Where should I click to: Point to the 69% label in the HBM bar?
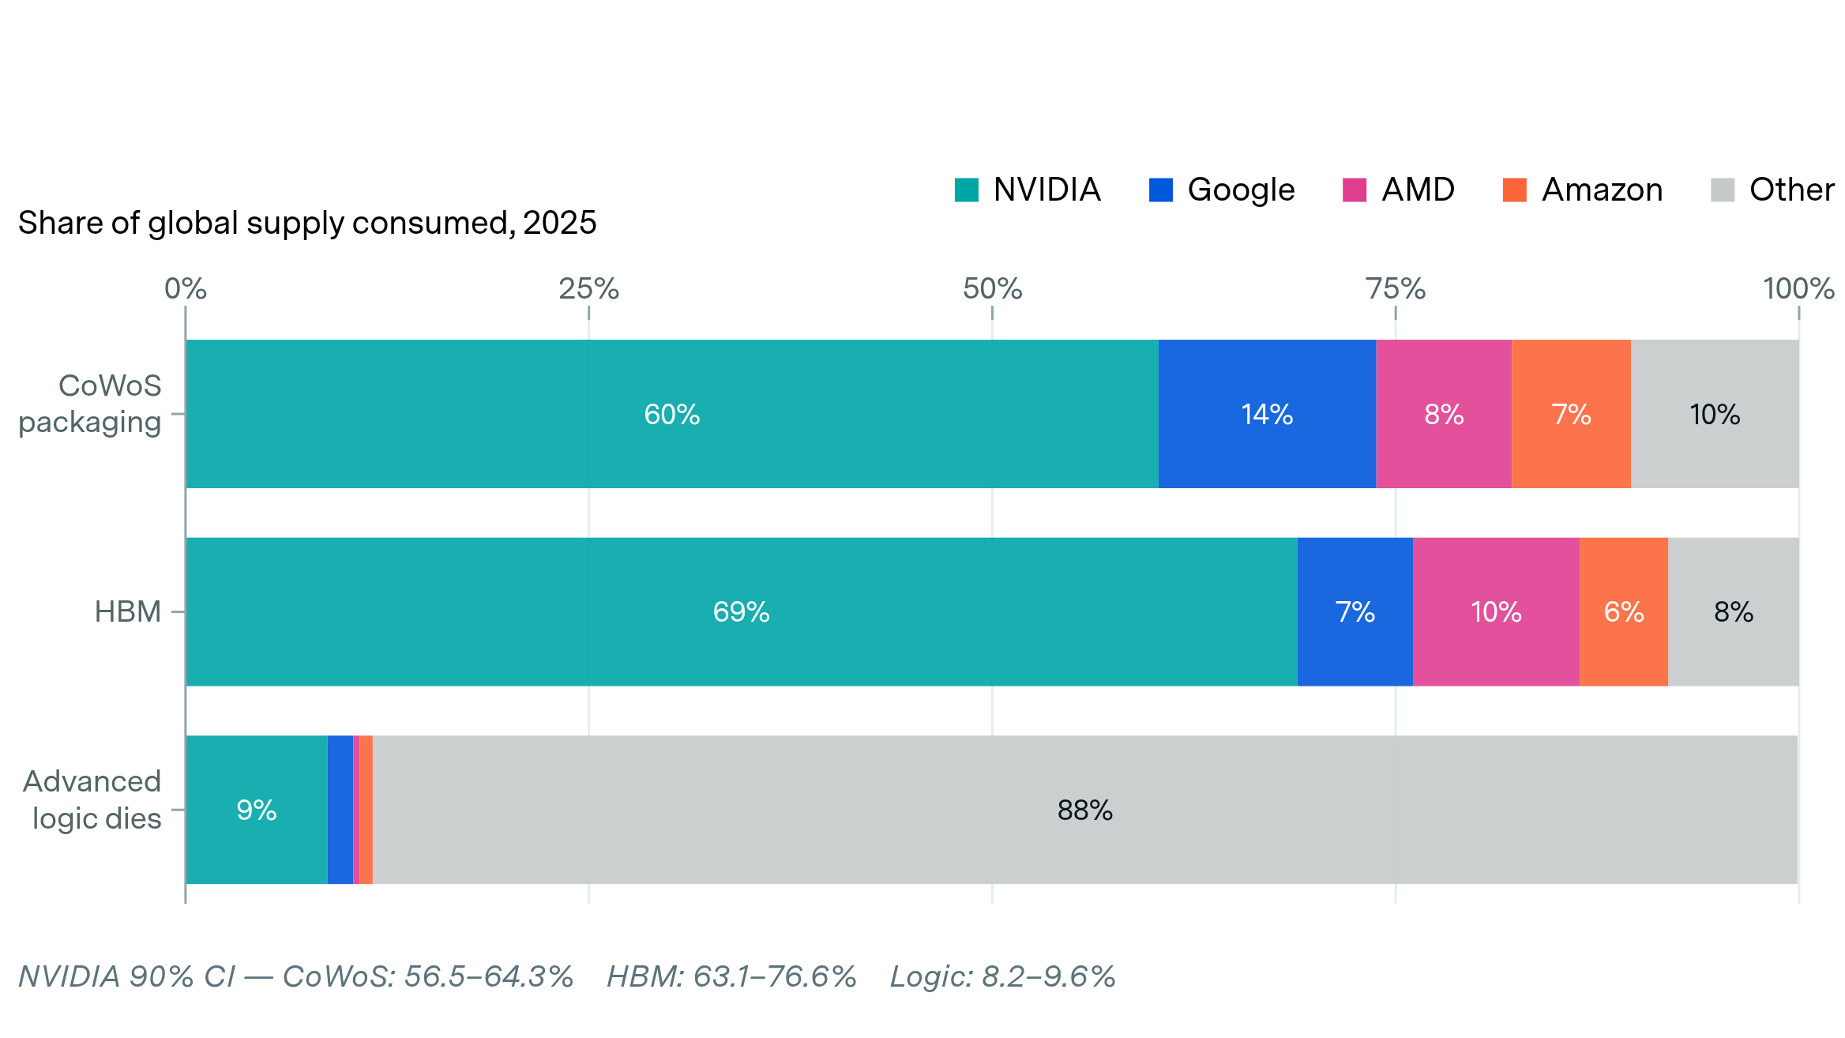[741, 612]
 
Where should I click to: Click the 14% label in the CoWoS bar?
[1266, 415]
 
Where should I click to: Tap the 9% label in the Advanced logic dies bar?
[256, 810]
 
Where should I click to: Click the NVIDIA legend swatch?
[966, 190]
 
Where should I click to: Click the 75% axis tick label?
[1395, 289]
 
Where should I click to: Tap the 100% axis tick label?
[1798, 289]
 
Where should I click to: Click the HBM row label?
[127, 612]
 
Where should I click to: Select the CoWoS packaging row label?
[90, 404]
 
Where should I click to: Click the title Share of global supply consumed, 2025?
[306, 224]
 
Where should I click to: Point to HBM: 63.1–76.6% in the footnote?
[731, 977]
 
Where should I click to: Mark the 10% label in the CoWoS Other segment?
[1714, 415]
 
